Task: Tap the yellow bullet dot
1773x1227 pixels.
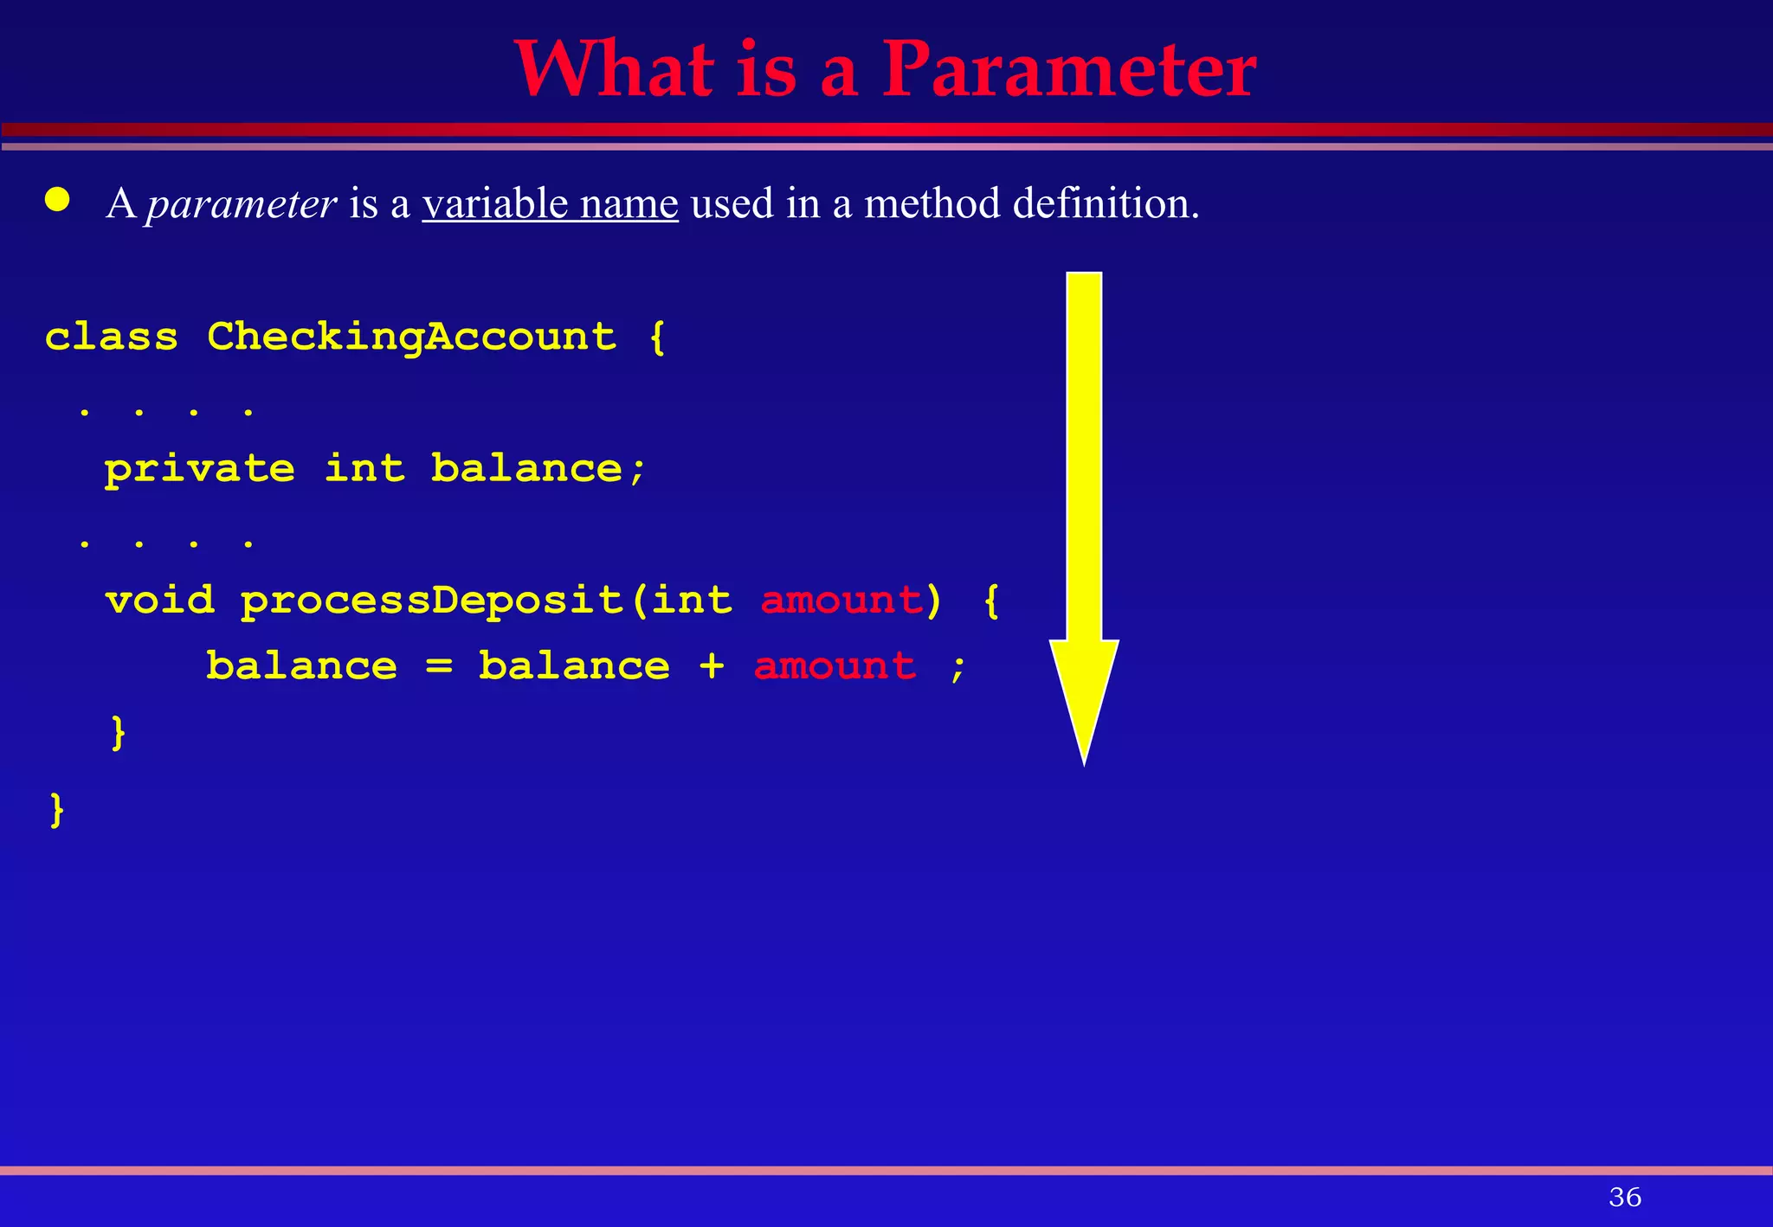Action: [x=58, y=200]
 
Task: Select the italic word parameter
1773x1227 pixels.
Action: [x=241, y=205]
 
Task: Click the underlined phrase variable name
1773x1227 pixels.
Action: [x=550, y=204]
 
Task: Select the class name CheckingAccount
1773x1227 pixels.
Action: [x=412, y=337]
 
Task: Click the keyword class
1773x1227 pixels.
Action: [x=112, y=337]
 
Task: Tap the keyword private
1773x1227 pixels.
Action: [x=200, y=470]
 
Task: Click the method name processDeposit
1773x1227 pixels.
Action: [x=432, y=601]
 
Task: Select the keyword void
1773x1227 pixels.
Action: [x=160, y=601]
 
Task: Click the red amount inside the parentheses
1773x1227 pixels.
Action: [x=841, y=601]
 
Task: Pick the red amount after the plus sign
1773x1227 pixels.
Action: [x=835, y=666]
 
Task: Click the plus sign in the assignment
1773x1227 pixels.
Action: [x=712, y=666]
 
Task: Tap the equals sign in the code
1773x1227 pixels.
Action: [x=439, y=666]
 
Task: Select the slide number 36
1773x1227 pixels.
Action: [x=1624, y=1198]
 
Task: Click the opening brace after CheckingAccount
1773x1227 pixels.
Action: [x=657, y=337]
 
